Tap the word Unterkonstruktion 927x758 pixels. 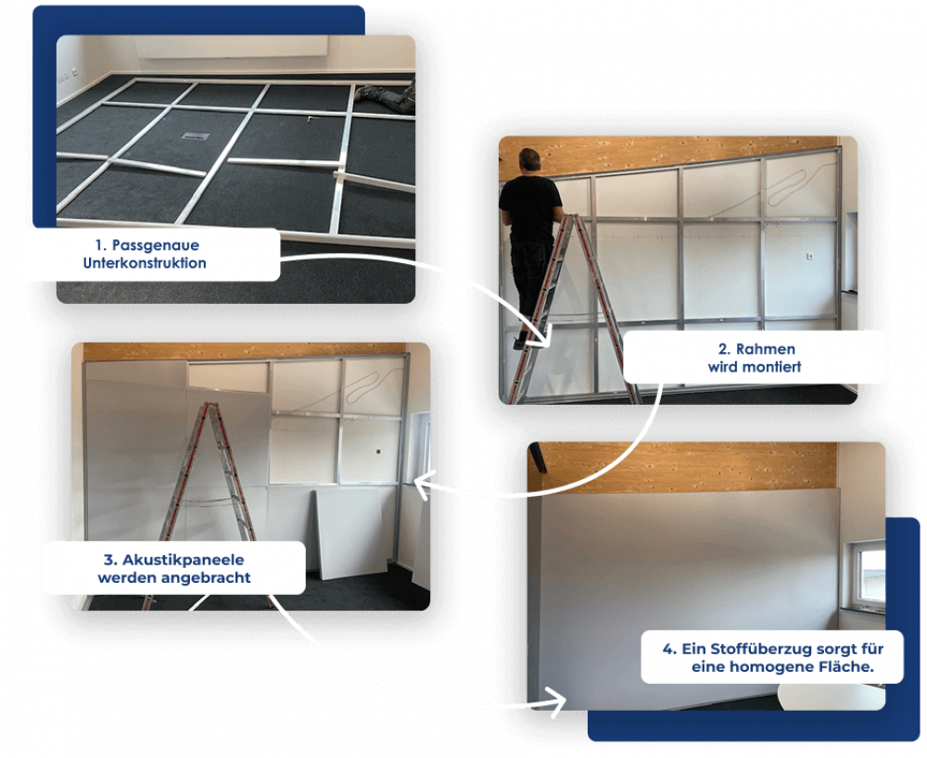(x=145, y=263)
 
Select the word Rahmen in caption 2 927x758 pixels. (x=765, y=348)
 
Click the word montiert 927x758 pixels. (x=773, y=367)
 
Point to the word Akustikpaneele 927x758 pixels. (x=183, y=560)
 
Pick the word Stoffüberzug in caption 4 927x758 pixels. (x=746, y=649)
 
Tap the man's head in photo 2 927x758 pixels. (x=529, y=160)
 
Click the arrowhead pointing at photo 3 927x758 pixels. (x=422, y=485)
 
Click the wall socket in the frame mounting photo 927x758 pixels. (x=810, y=256)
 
